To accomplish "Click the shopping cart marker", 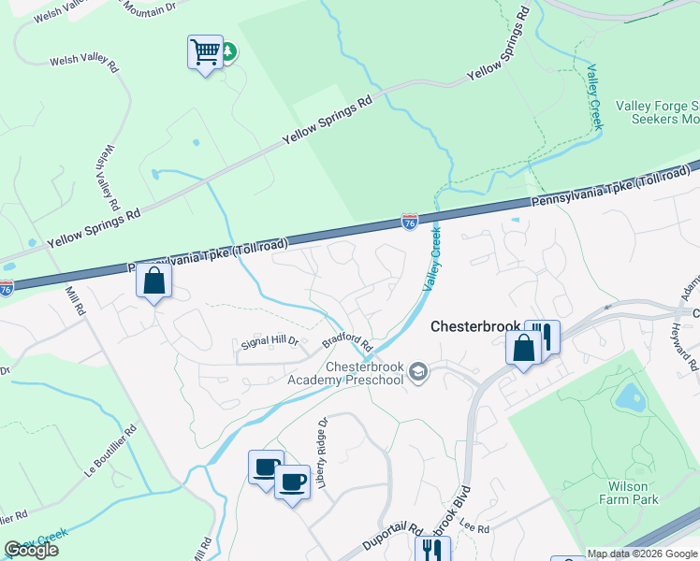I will [x=205, y=51].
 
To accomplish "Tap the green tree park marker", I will [x=227, y=52].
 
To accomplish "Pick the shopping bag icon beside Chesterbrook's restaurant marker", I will [x=523, y=349].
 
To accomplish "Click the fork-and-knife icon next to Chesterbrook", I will [x=544, y=337].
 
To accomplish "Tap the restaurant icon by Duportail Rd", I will [x=433, y=550].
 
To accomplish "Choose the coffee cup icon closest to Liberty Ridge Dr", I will [x=293, y=482].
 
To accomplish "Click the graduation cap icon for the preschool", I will [x=418, y=374].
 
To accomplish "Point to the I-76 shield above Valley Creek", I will [x=409, y=222].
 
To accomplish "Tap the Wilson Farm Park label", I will [x=628, y=493].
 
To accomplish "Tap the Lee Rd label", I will [x=476, y=529].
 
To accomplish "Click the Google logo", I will [x=31, y=550].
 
